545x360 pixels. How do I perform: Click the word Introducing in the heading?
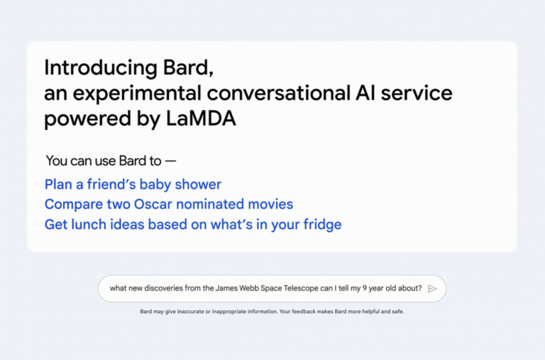click(101, 68)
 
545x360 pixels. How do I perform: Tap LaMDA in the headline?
click(201, 119)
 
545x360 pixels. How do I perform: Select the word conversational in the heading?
click(278, 93)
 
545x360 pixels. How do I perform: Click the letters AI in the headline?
click(365, 93)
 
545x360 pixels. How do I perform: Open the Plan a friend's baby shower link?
click(133, 185)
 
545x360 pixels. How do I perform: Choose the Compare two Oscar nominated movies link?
click(169, 204)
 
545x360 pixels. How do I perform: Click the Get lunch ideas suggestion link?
click(193, 224)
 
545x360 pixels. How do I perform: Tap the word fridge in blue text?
click(322, 224)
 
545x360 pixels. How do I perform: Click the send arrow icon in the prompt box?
click(432, 289)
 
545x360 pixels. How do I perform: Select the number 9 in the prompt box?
click(365, 288)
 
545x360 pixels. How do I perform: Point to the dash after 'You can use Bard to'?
click(170, 161)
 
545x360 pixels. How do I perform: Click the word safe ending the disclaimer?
click(398, 311)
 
